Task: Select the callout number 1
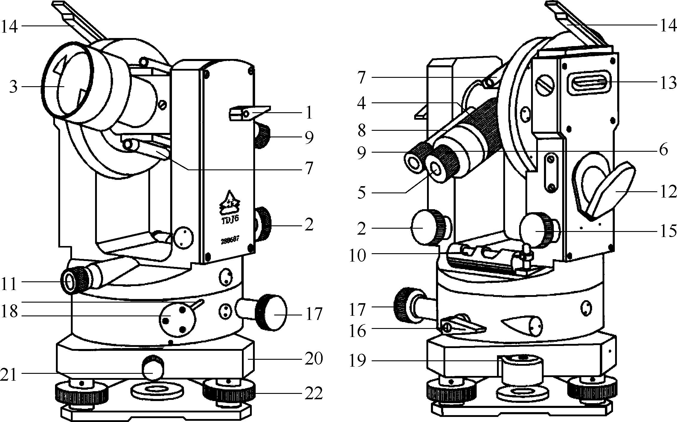tap(308, 113)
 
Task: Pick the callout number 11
tap(9, 284)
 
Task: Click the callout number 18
tap(9, 312)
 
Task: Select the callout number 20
tap(314, 359)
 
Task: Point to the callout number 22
tap(314, 393)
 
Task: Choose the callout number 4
tap(361, 104)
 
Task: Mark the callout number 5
tap(361, 193)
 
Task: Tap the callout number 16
tap(358, 331)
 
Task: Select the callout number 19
tap(358, 361)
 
